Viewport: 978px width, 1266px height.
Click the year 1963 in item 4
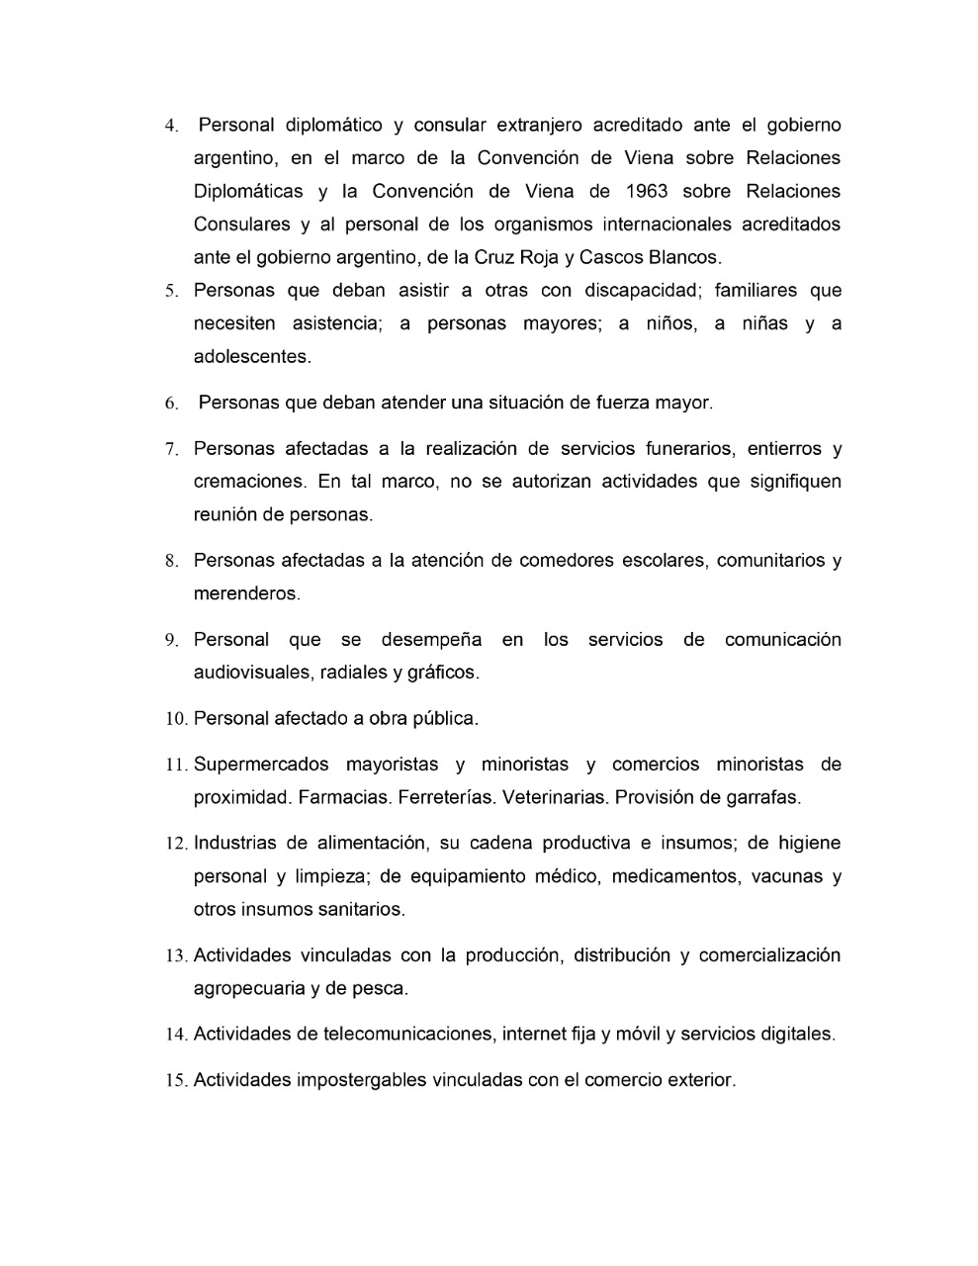click(647, 191)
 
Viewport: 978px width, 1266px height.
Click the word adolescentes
click(252, 357)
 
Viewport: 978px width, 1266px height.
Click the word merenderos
click(246, 593)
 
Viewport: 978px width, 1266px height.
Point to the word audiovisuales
click(251, 673)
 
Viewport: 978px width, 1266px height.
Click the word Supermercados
click(261, 765)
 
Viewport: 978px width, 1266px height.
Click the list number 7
click(171, 450)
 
